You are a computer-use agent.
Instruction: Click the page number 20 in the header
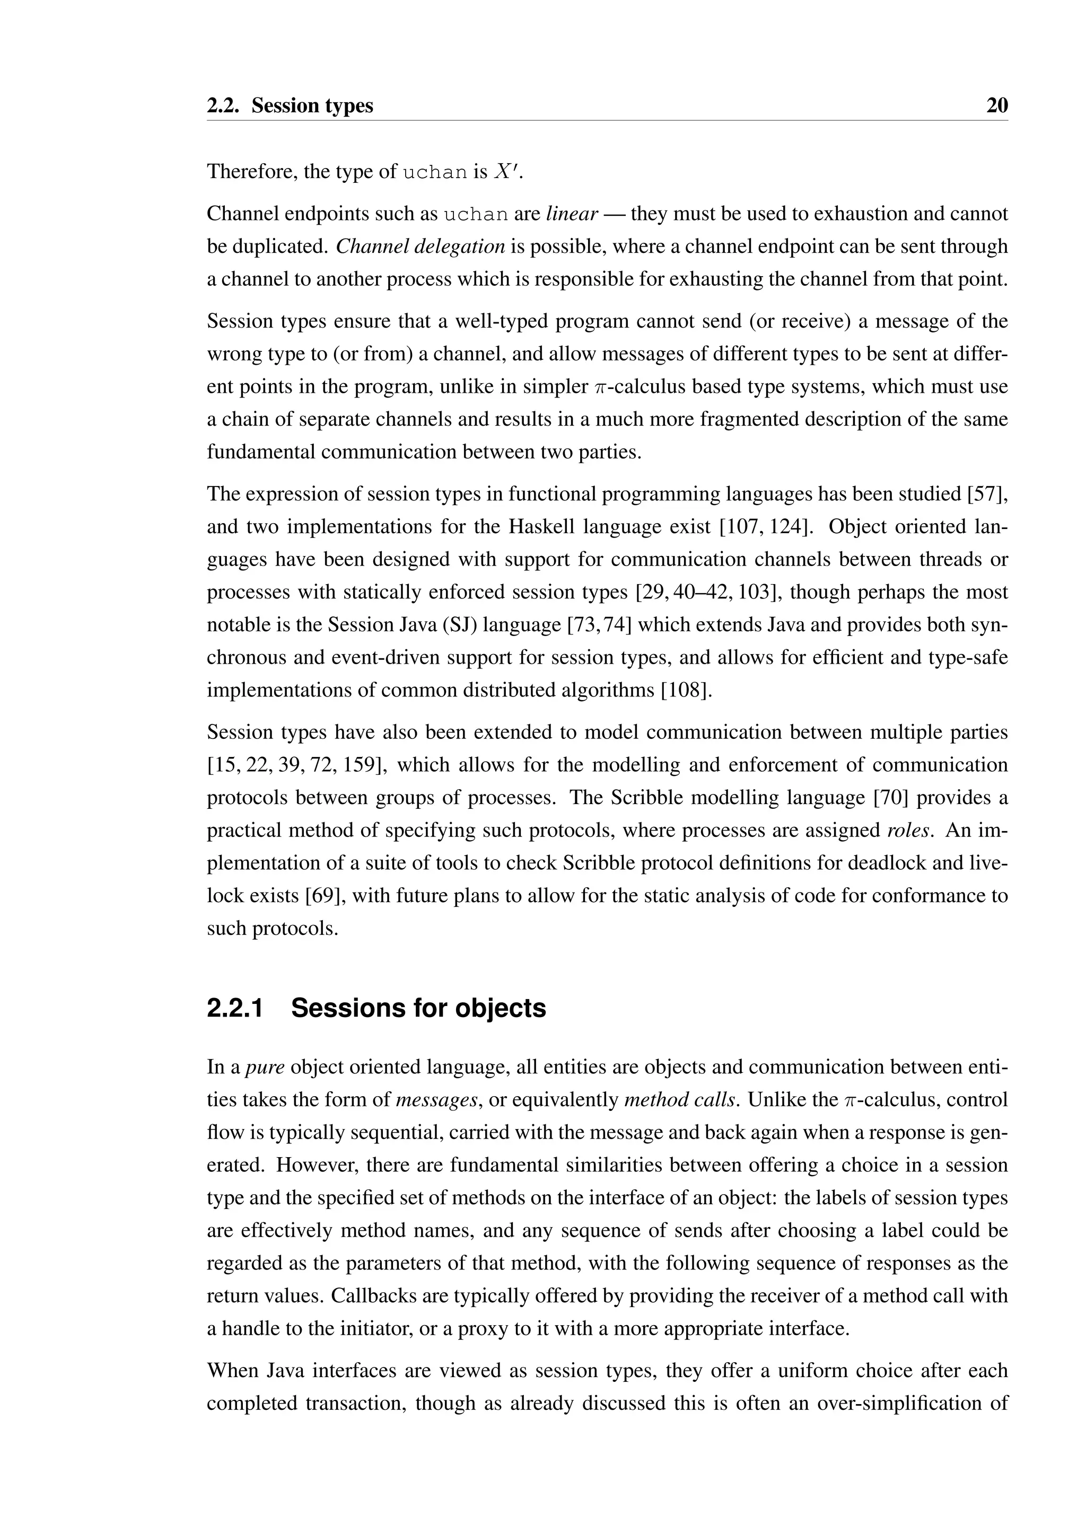[997, 105]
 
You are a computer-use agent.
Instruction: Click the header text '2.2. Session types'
[290, 105]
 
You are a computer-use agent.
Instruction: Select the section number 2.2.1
[235, 1008]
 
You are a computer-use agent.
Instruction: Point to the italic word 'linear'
[572, 214]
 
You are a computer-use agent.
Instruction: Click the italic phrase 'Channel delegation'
[420, 246]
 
